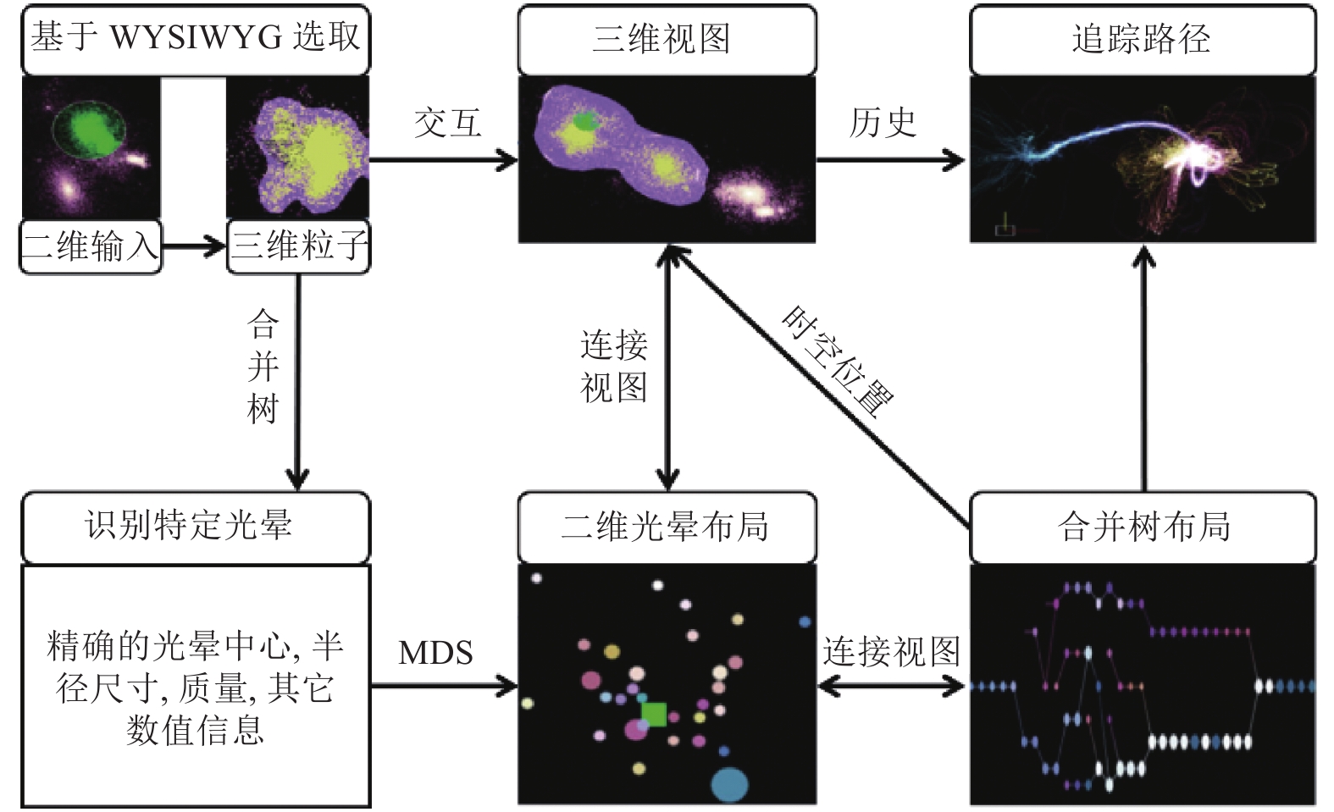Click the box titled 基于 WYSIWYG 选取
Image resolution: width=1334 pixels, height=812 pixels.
[196, 39]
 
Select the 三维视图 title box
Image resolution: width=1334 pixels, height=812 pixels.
[667, 39]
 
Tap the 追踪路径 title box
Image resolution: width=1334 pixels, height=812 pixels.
[1143, 39]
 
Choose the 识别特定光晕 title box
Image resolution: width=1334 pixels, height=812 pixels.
[196, 527]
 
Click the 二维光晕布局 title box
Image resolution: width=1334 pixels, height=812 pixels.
[667, 527]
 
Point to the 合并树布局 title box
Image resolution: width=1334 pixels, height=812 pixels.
[1143, 527]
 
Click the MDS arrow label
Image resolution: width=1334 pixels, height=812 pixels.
[436, 653]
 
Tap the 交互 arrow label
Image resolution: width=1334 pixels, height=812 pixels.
[448, 124]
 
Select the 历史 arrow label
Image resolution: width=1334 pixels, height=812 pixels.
[883, 124]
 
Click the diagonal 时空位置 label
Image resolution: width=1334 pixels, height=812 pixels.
[839, 362]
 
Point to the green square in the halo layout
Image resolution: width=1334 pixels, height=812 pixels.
[654, 715]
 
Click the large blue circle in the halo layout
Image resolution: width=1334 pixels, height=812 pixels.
[729, 786]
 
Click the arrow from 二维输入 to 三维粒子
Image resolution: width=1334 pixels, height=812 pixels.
[194, 246]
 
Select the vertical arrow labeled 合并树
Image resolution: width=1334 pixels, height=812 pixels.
[298, 382]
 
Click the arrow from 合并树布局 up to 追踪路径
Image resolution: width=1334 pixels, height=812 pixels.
[1143, 368]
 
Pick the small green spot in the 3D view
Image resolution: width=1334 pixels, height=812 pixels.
[587, 121]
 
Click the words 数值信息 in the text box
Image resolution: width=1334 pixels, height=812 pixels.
[196, 731]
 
